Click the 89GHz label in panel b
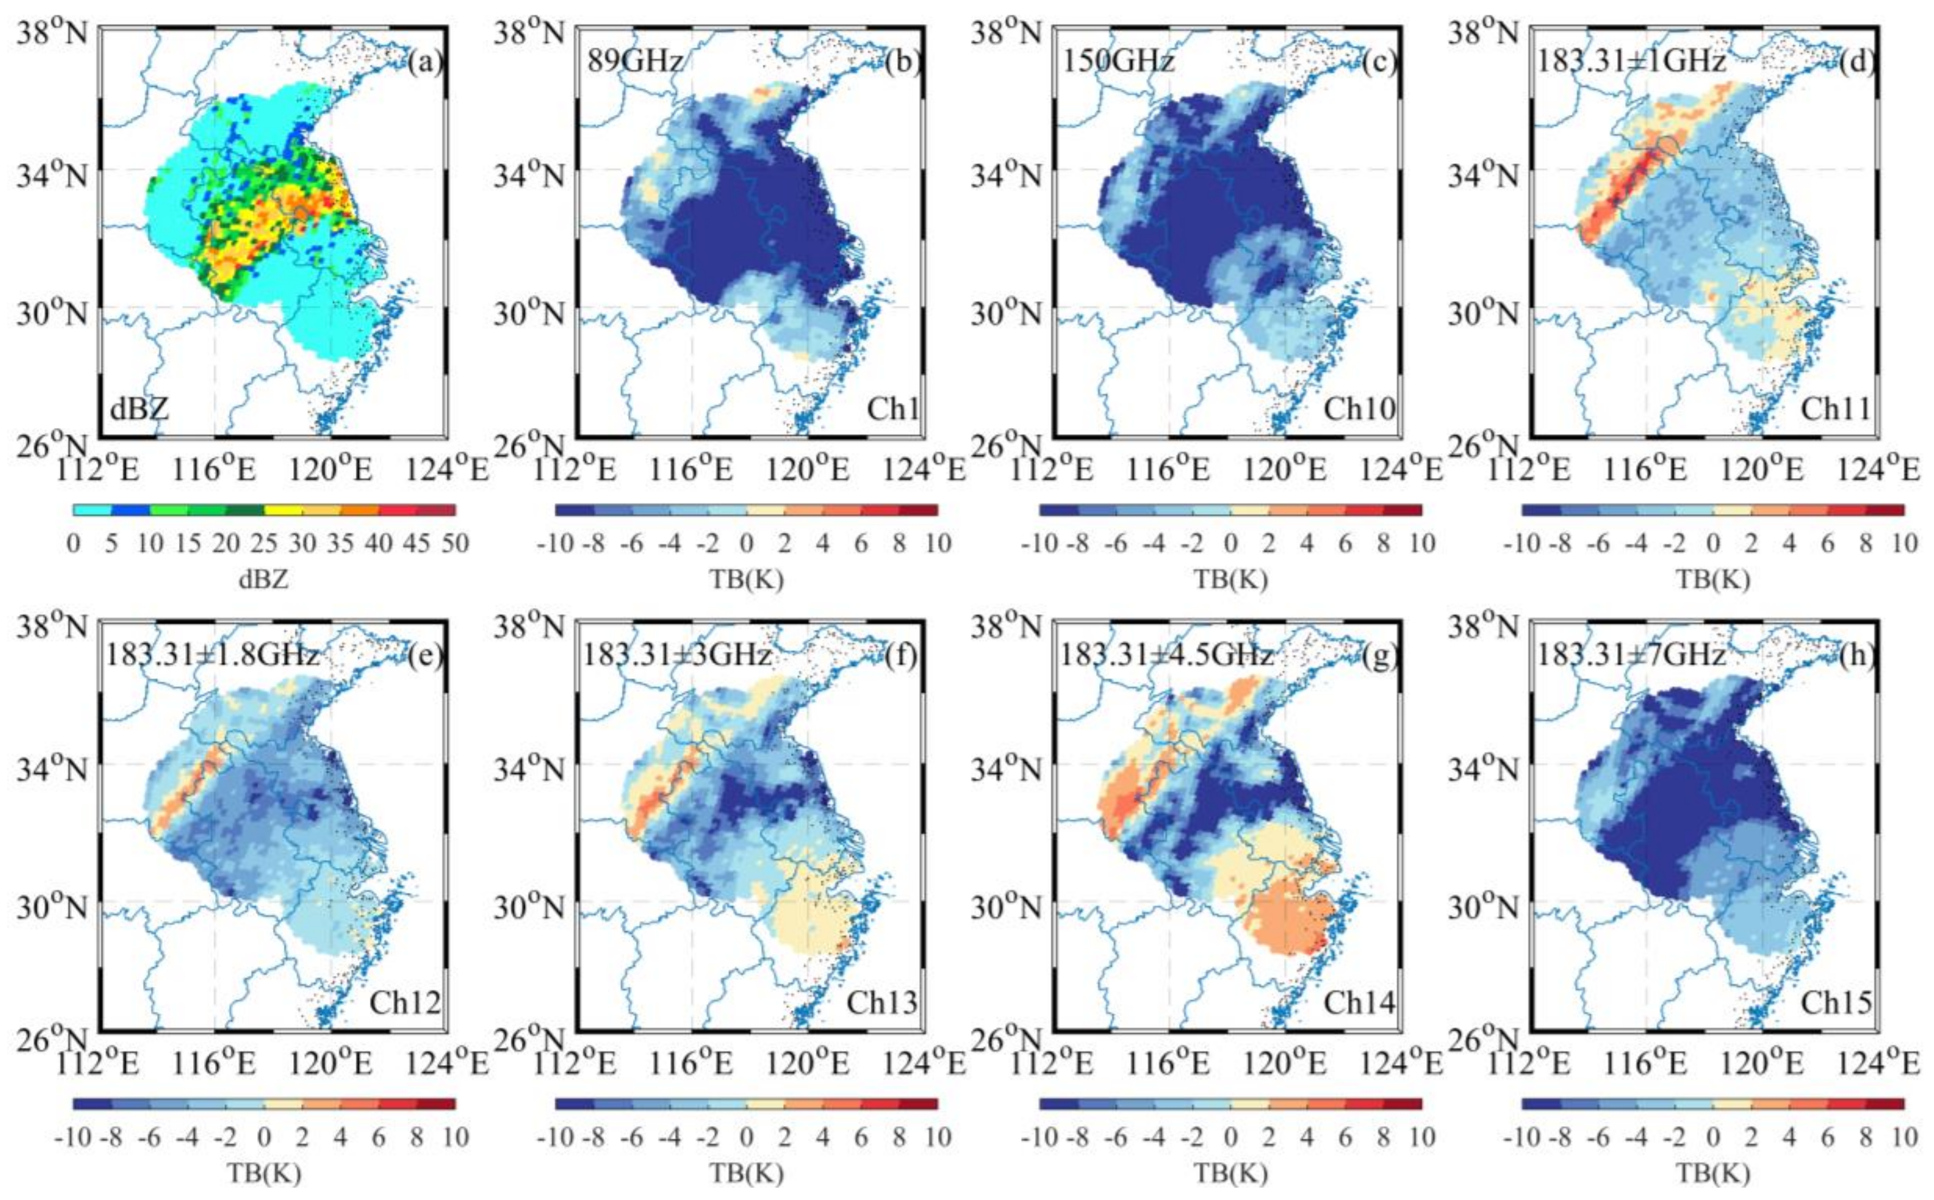tap(635, 61)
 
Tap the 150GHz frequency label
tap(1118, 61)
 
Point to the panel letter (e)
tap(425, 655)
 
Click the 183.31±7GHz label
tap(1632, 655)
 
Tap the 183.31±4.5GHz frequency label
tap(1167, 655)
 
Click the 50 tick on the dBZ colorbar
tap(455, 544)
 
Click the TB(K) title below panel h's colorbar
tap(1713, 1173)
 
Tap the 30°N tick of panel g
tap(1006, 906)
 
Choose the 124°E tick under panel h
tap(1878, 1064)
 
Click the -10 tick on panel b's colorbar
tap(554, 544)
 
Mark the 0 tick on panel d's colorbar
tap(1713, 544)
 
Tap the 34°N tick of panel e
tap(52, 767)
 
